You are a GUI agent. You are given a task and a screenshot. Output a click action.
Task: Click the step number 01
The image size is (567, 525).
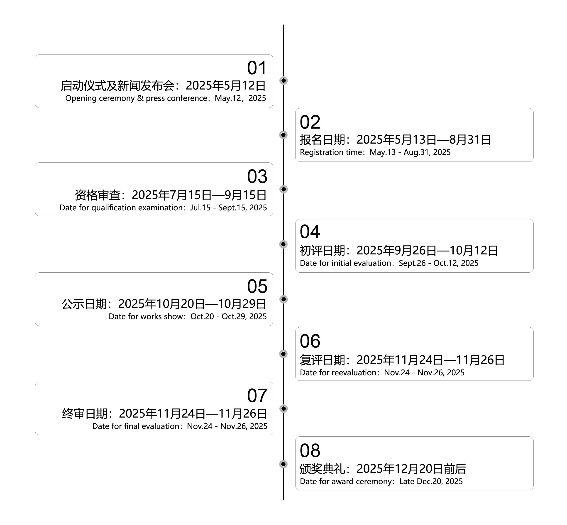257,68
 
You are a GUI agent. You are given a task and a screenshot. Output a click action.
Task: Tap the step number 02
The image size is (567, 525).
310,122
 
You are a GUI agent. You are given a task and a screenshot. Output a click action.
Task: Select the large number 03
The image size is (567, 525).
257,177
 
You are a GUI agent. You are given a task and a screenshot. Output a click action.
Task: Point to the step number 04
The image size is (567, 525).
310,231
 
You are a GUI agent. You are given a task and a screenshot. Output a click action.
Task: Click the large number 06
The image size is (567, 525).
310,341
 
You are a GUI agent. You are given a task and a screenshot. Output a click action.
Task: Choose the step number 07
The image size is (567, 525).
257,396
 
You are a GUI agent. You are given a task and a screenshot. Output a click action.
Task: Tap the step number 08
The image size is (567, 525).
310,450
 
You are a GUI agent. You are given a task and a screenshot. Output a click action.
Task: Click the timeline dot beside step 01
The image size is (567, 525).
283,80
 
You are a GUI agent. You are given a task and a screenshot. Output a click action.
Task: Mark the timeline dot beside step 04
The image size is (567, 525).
283,244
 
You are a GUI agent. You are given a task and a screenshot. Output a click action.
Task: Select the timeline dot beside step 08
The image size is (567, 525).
283,464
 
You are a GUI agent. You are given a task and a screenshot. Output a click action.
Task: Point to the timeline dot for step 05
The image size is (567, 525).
283,299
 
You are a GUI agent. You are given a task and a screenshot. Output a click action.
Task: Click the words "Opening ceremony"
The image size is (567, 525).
100,98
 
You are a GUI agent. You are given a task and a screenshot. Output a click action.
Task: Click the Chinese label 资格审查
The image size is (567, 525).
98,195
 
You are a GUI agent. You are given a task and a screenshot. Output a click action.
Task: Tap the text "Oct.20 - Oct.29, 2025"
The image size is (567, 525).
229,316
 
